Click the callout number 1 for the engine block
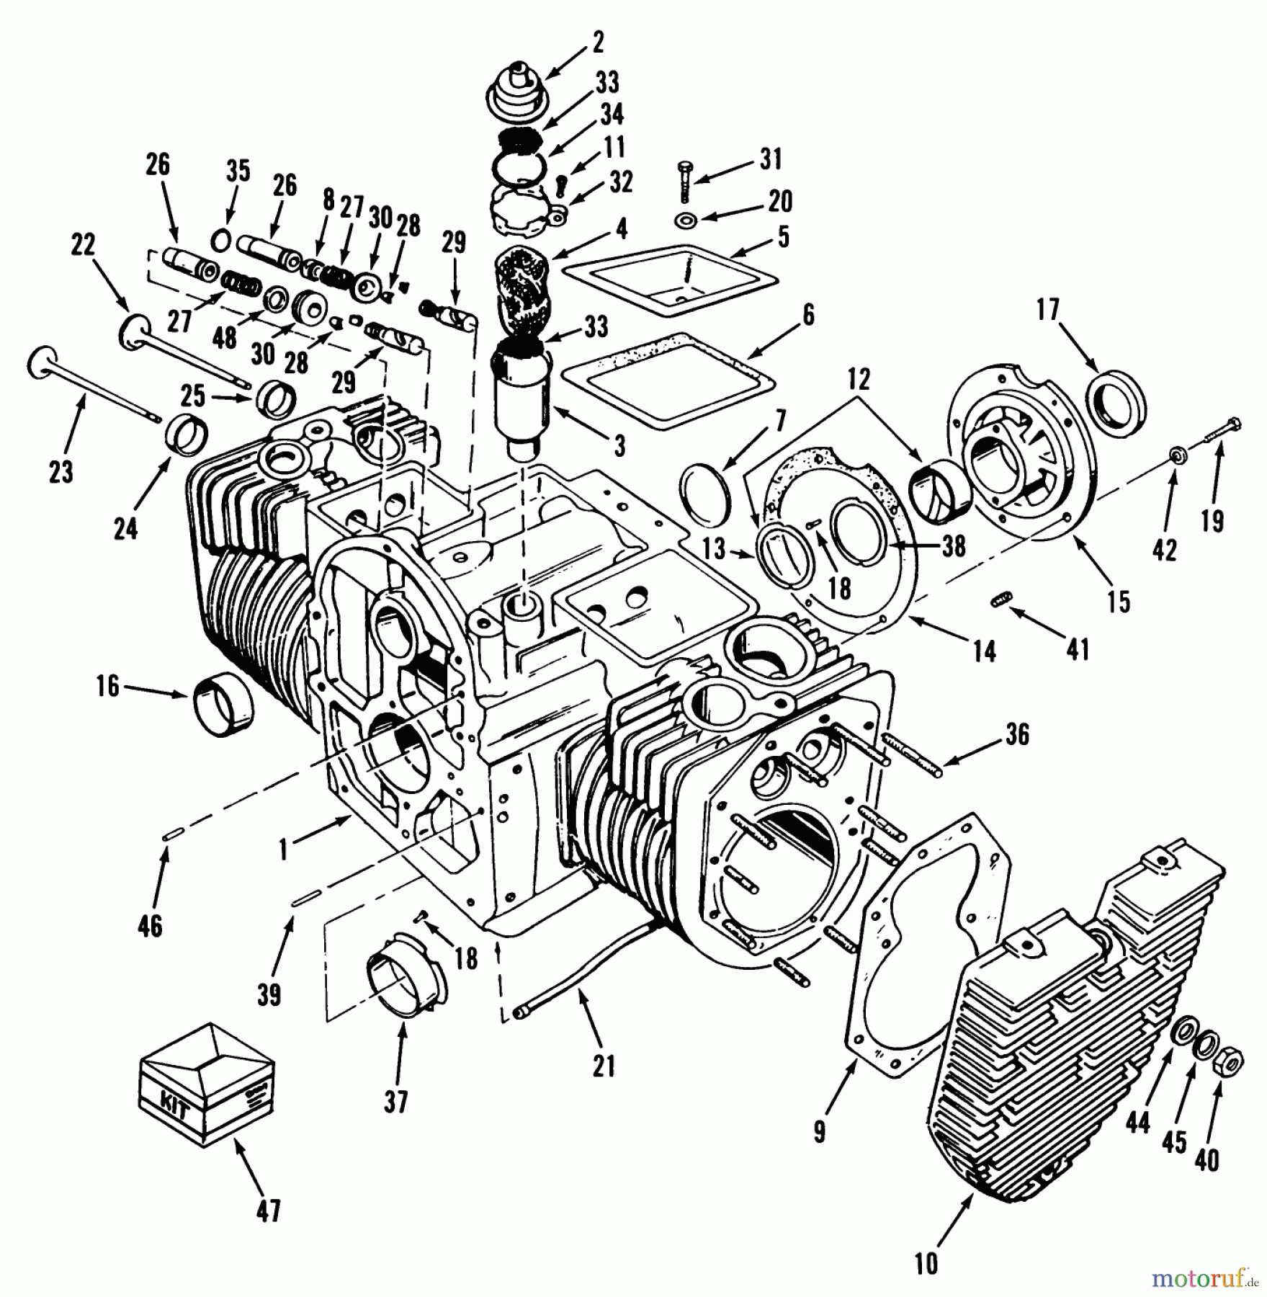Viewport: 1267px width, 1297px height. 284,850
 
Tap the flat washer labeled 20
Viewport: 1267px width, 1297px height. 684,219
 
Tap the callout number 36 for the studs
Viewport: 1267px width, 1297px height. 1016,735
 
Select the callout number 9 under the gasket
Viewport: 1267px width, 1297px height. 819,1133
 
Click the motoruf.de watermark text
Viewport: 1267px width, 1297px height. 1204,1278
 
